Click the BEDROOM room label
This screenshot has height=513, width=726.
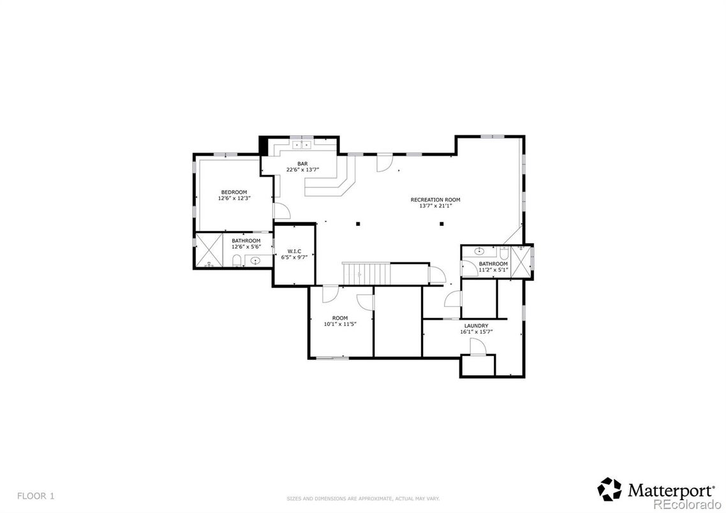234,192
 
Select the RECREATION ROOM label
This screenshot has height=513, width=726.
435,200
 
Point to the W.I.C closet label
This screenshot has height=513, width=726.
294,251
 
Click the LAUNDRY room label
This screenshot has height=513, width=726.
476,325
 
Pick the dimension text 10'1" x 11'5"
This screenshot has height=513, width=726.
340,324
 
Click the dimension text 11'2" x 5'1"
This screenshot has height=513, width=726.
493,270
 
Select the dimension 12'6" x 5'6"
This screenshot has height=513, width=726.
246,246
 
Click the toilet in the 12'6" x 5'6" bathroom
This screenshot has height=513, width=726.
237,260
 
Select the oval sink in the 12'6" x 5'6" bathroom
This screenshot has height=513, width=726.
256,260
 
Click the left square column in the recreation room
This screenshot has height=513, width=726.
359,223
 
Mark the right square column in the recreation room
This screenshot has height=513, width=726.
441,223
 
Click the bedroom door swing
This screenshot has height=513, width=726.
281,212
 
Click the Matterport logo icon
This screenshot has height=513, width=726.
609,489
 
